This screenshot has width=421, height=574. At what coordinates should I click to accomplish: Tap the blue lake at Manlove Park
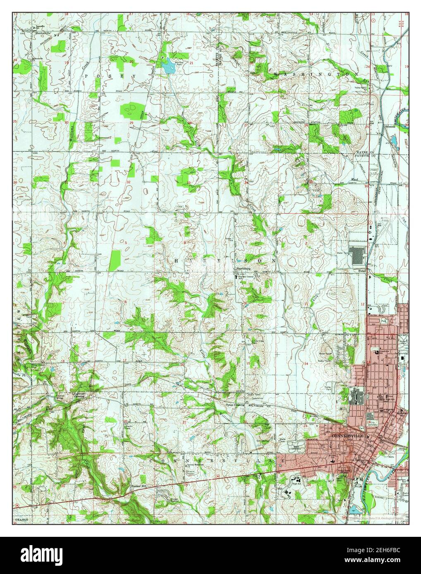click(x=169, y=66)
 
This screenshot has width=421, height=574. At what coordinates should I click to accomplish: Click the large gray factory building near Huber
click(x=356, y=255)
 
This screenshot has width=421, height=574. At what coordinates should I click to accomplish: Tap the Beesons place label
click(x=391, y=127)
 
